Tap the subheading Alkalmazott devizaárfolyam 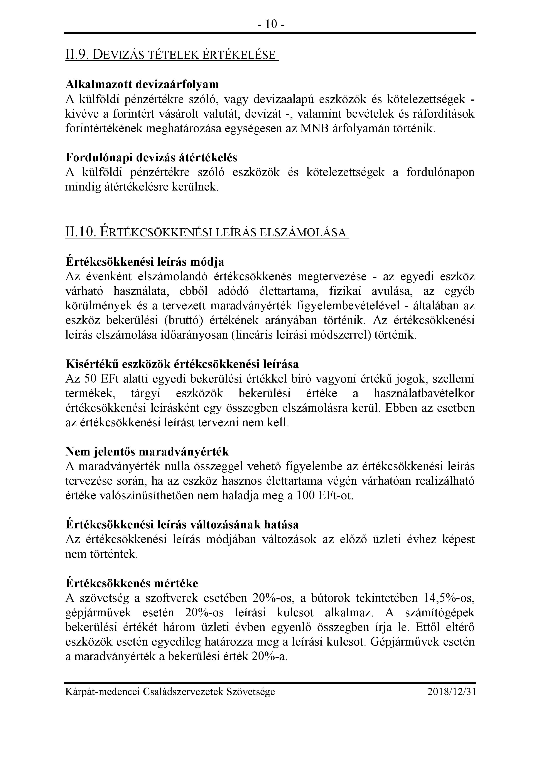(142, 84)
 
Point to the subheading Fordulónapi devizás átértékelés (151, 157)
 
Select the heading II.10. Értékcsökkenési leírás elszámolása (206, 232)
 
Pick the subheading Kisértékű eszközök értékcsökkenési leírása (182, 364)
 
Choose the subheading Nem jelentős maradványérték (147, 452)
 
